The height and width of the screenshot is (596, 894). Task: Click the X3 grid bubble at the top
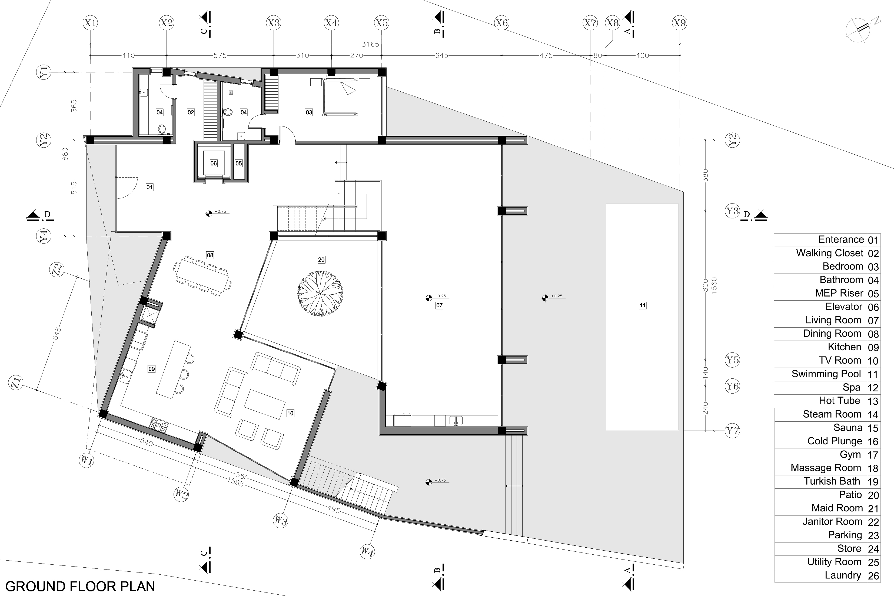pyautogui.click(x=274, y=23)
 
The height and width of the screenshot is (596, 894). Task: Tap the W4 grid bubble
pyautogui.click(x=367, y=551)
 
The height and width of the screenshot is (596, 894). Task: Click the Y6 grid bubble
pyautogui.click(x=732, y=386)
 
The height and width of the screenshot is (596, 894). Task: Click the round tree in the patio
pyautogui.click(x=320, y=294)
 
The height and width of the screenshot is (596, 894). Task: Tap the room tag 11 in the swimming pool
pyautogui.click(x=642, y=305)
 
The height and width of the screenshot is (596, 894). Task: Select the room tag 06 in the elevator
pyautogui.click(x=214, y=164)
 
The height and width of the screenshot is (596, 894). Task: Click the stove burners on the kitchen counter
pyautogui.click(x=159, y=425)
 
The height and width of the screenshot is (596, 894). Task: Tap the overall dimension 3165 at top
pyautogui.click(x=370, y=44)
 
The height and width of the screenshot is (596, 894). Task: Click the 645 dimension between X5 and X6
pyautogui.click(x=442, y=55)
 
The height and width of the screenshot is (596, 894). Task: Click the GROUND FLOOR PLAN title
pyautogui.click(x=80, y=586)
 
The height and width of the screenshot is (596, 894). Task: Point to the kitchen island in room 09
pyautogui.click(x=173, y=369)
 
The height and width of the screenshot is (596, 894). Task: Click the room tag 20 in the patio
pyautogui.click(x=321, y=259)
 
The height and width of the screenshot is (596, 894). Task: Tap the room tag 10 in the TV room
pyautogui.click(x=290, y=413)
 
